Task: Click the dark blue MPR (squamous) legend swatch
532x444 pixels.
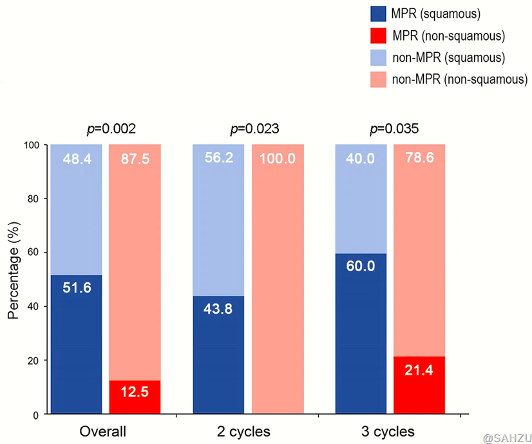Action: click(x=378, y=14)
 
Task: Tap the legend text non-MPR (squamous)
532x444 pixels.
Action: click(x=448, y=57)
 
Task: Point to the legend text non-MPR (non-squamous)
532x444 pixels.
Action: click(x=460, y=79)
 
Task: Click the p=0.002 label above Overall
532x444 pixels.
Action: click(x=111, y=129)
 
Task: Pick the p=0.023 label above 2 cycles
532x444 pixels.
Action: click(x=254, y=129)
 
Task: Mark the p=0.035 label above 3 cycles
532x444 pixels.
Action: click(x=394, y=129)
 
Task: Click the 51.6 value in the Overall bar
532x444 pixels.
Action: click(x=77, y=288)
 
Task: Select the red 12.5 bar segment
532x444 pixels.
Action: click(x=135, y=397)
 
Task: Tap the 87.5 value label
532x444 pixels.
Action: click(x=135, y=159)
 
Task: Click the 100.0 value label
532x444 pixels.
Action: click(x=278, y=159)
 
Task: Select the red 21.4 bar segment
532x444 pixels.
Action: click(x=419, y=385)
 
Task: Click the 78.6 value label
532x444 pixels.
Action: click(x=419, y=159)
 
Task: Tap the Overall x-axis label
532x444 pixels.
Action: click(x=102, y=431)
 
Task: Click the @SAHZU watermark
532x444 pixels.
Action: click(x=505, y=438)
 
